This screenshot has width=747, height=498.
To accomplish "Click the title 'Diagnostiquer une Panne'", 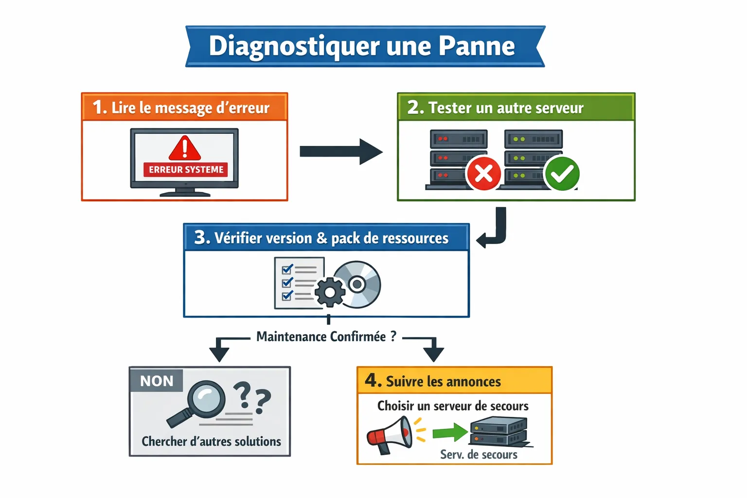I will pyautogui.click(x=362, y=46).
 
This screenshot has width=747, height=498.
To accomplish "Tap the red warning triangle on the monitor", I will pyautogui.click(x=184, y=148).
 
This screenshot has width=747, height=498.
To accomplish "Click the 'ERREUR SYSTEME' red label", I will pyautogui.click(x=186, y=169).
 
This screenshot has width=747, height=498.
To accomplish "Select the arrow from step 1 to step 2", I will pyautogui.click(x=340, y=151).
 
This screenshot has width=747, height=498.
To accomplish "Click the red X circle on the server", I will pyautogui.click(x=483, y=173).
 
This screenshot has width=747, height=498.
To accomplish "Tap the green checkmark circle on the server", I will pyautogui.click(x=562, y=173).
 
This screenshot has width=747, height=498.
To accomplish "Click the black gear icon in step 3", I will pyautogui.click(x=330, y=292).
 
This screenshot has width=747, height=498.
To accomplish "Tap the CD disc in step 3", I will pyautogui.click(x=357, y=284).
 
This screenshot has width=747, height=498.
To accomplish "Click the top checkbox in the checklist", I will pyautogui.click(x=287, y=269).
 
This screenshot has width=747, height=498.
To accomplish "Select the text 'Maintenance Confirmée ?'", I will pyautogui.click(x=326, y=337).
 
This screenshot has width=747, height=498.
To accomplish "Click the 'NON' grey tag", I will pyautogui.click(x=156, y=381).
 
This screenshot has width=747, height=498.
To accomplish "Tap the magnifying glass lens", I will pyautogui.click(x=206, y=399).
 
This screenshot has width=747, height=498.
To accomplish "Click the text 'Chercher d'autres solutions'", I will pyautogui.click(x=211, y=441).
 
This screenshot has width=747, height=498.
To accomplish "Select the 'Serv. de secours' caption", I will pyautogui.click(x=479, y=455).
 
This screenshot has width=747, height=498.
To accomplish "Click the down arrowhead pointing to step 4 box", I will pyautogui.click(x=433, y=354).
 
